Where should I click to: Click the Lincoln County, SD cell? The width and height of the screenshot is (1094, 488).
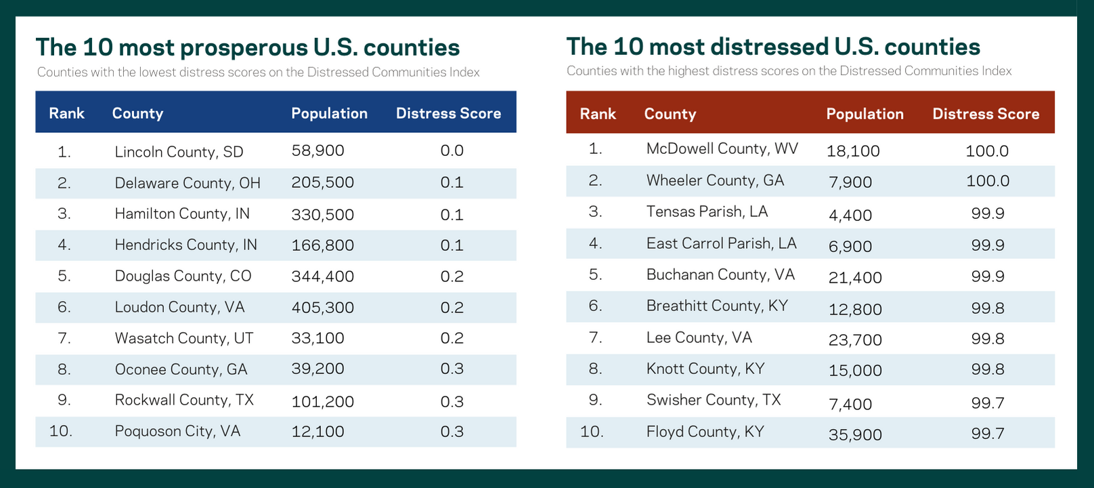pos(179,152)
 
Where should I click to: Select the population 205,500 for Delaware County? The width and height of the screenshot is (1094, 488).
pos(322,182)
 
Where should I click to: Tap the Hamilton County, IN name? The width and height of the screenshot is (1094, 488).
pos(182,213)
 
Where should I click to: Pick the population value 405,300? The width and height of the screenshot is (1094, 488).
pos(322,307)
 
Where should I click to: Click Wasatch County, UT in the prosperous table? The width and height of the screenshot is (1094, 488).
pos(183,338)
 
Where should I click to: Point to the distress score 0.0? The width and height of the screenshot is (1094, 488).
pos(452,150)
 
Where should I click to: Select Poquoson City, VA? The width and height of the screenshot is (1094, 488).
pos(177,431)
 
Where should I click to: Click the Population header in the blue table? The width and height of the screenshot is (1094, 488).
pos(329,113)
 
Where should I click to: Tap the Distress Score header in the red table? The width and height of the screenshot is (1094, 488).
pos(985,114)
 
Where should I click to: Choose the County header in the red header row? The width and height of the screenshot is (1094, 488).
pos(670,114)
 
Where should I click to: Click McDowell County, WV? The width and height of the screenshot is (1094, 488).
pos(722,148)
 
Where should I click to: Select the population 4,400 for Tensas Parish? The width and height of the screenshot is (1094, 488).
pos(850,216)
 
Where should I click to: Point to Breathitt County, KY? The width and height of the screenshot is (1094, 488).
pos(717,306)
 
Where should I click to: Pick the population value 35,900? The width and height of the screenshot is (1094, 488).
pos(855,434)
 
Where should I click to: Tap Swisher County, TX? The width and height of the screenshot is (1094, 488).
pos(714,400)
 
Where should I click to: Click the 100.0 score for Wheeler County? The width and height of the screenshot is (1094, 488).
pos(987,181)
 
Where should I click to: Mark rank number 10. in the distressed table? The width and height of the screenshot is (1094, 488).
pos(592,431)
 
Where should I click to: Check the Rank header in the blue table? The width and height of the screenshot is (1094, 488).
pos(66,113)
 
